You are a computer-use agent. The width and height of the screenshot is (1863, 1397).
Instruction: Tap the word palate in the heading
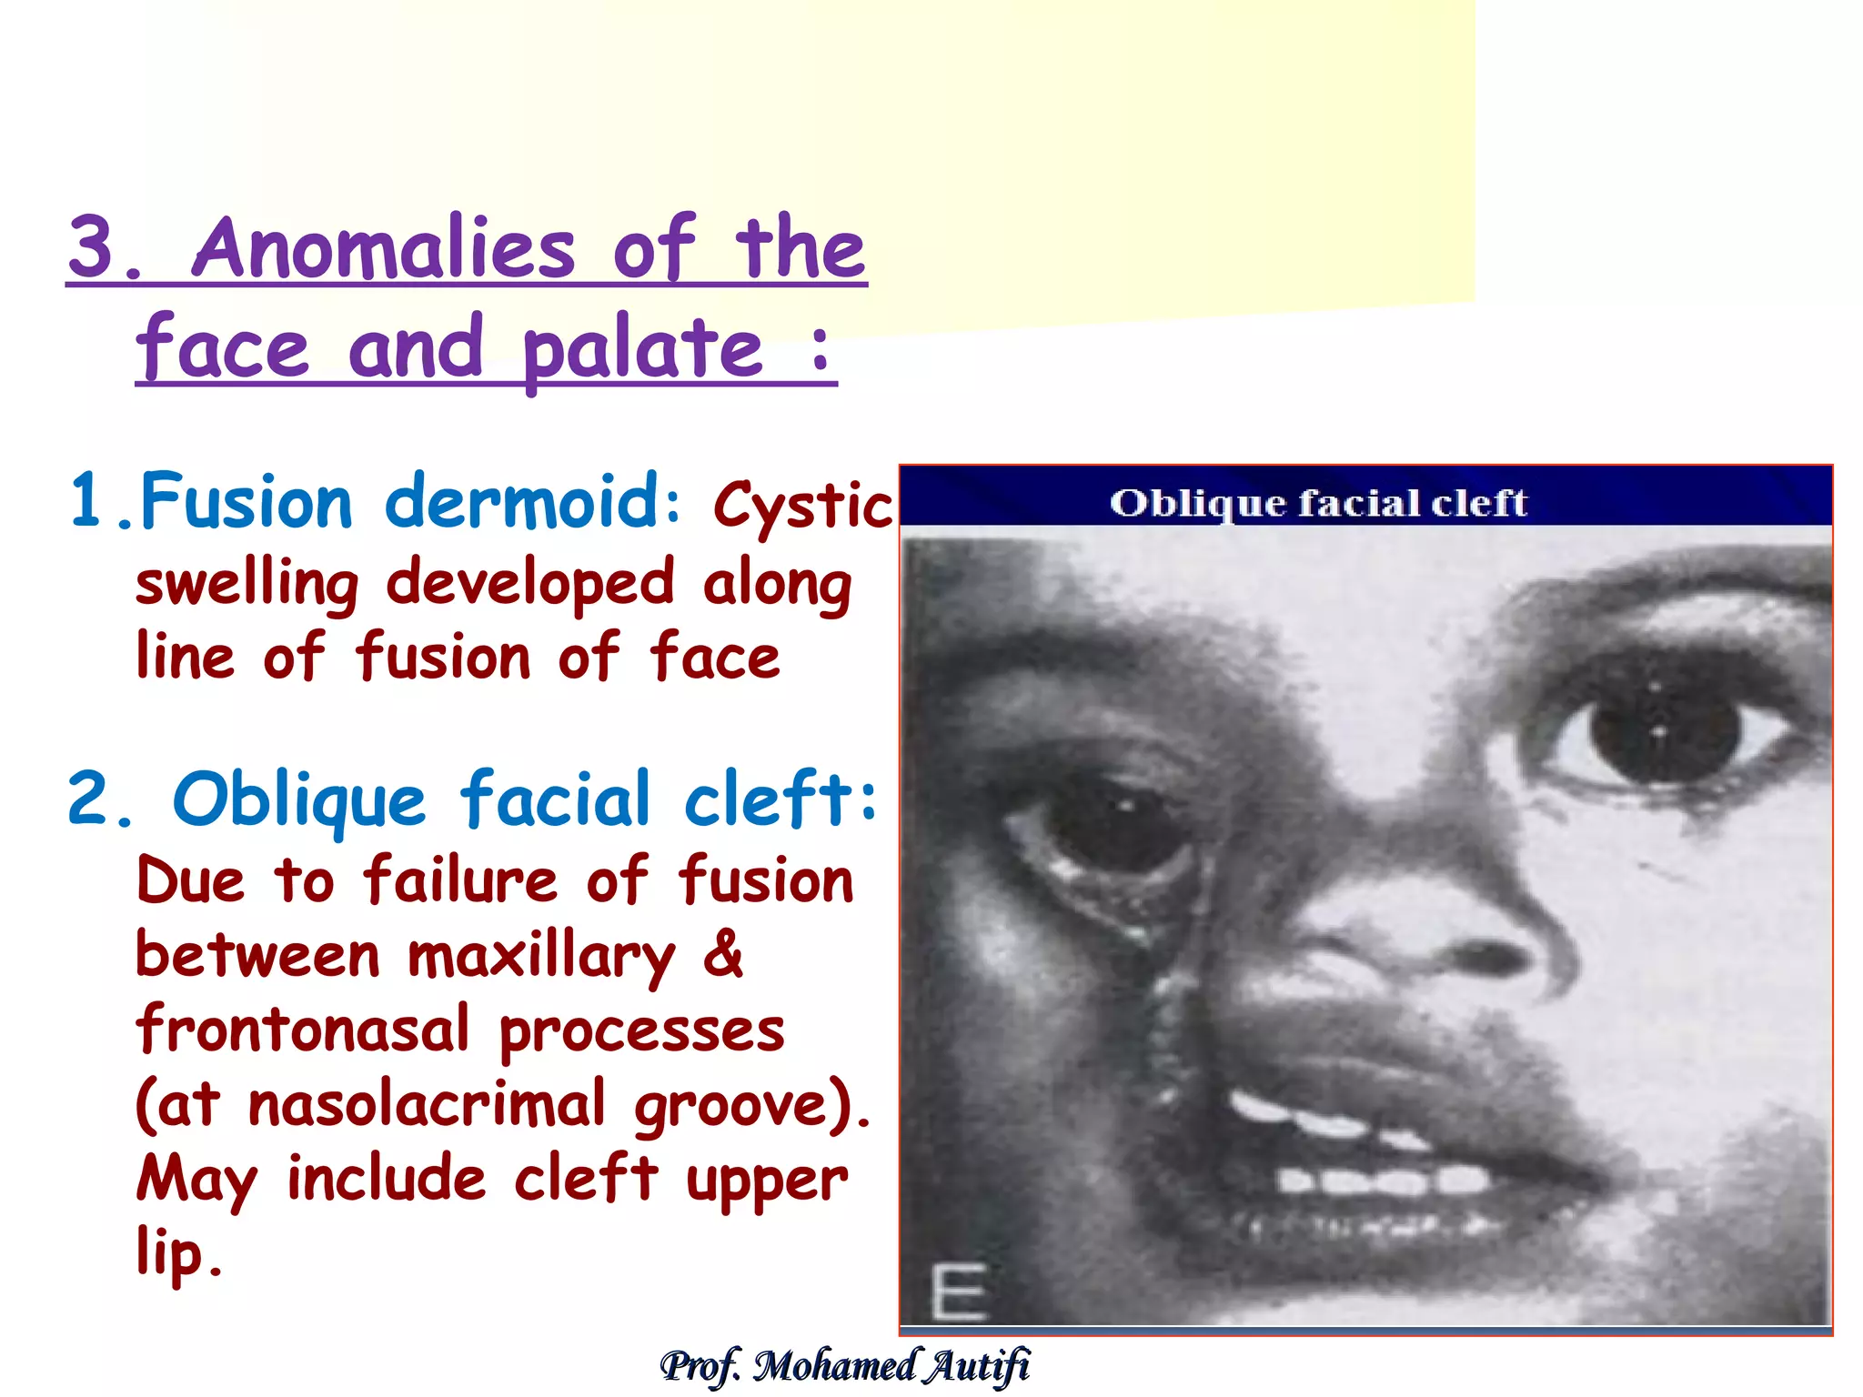pos(642,350)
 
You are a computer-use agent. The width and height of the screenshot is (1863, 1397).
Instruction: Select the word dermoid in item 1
pos(524,501)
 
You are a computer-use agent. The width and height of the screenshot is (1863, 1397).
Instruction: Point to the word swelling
pos(247,585)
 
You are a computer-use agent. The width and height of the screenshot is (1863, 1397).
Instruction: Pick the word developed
pos(529,582)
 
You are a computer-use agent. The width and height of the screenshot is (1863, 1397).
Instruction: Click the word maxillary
pos(541,959)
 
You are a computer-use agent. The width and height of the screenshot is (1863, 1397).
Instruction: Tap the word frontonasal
pos(303,1030)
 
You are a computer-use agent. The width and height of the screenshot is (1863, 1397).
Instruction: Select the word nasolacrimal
pos(427,1104)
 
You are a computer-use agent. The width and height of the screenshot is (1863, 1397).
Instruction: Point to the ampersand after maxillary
pos(723,955)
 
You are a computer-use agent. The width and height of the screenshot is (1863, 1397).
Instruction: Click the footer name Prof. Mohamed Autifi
pos(844,1365)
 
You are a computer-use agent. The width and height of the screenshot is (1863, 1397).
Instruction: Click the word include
pos(386,1179)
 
